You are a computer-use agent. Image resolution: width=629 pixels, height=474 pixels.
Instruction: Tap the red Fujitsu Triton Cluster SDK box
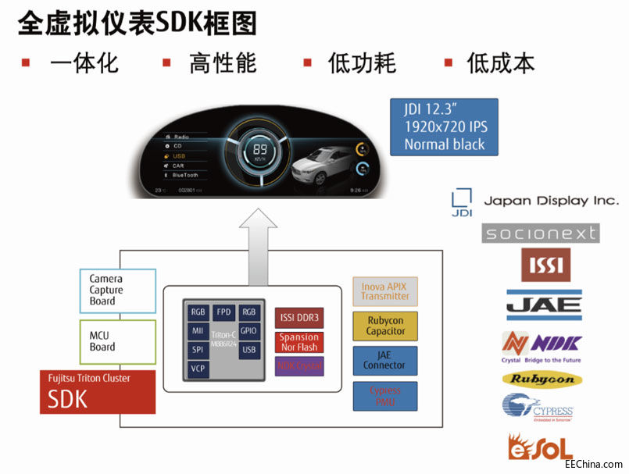point(98,392)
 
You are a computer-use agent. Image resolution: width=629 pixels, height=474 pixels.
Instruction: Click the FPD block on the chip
point(224,312)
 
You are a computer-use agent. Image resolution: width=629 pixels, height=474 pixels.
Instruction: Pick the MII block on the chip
point(198,330)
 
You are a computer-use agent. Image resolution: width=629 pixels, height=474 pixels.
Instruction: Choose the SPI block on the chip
point(198,349)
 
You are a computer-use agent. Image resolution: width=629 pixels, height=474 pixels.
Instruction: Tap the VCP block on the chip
point(198,369)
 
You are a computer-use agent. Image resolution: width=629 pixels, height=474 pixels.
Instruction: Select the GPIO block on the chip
point(248,330)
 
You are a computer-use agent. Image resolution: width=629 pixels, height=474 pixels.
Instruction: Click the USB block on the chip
point(248,349)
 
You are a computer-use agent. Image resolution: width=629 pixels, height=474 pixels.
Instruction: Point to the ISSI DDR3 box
point(299,318)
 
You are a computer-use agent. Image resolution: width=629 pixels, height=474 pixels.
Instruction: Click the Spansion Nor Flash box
point(299,342)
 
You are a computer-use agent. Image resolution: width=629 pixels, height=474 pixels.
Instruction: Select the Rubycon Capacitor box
point(386,326)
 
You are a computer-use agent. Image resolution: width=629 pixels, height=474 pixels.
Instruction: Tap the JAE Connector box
point(385,361)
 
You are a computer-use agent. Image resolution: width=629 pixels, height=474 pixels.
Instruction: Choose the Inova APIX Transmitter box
point(385,291)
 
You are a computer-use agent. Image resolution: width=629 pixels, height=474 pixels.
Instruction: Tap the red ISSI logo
point(545,265)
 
